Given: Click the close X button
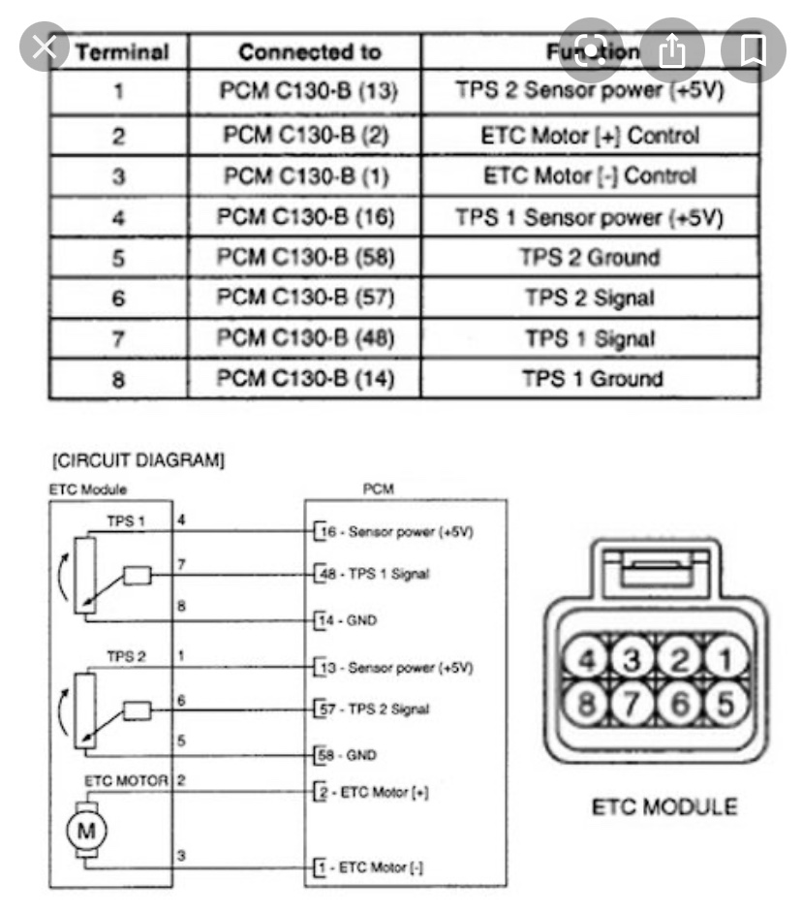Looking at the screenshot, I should point(44,48).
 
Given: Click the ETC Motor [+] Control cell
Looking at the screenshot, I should point(590,135).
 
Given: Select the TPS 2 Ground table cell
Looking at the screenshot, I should point(590,258).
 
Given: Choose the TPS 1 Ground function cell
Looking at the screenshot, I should point(590,379).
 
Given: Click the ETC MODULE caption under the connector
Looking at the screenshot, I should point(665,805).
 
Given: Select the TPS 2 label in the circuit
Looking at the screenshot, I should point(127,656).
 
